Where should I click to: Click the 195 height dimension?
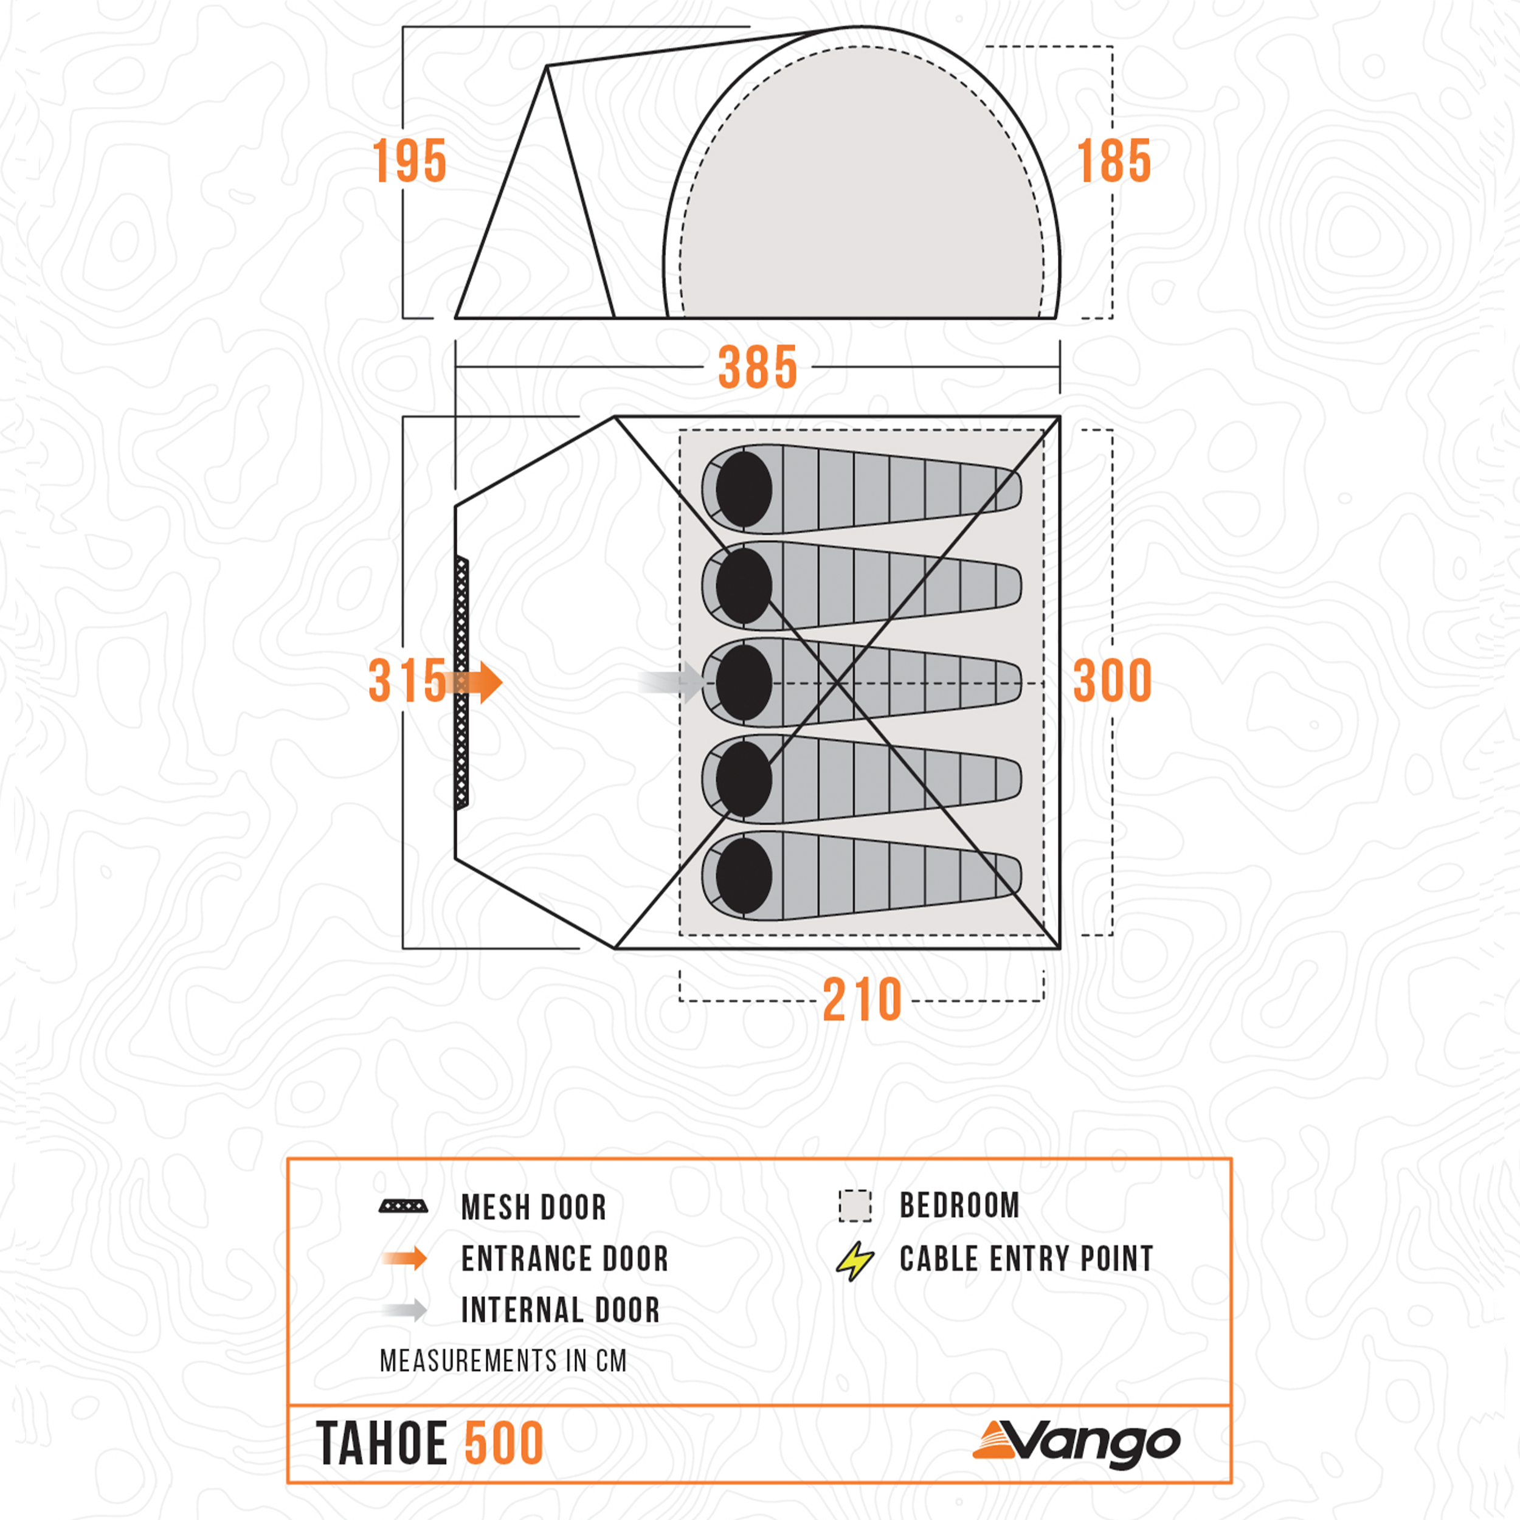point(409,161)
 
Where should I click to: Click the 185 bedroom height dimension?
point(1113,161)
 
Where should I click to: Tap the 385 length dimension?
point(758,367)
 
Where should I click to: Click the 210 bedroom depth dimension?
point(862,1000)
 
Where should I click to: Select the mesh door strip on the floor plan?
point(462,683)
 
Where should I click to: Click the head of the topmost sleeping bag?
point(744,489)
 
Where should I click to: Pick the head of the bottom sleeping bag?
point(744,876)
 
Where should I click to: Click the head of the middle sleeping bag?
point(744,682)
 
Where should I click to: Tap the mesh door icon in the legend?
point(404,1206)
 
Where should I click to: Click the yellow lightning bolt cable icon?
point(855,1260)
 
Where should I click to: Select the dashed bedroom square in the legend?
point(855,1205)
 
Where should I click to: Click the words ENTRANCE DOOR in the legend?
point(564,1259)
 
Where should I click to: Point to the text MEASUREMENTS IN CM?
point(503,1360)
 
